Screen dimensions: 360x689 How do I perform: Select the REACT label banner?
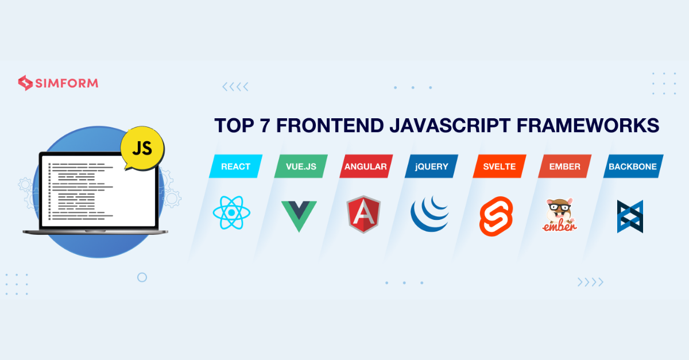(x=235, y=167)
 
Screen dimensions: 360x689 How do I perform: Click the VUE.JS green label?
(x=301, y=167)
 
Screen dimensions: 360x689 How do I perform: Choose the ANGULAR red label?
(x=365, y=167)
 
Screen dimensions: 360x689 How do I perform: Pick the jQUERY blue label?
(x=432, y=167)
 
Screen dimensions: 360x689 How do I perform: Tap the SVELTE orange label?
(x=498, y=167)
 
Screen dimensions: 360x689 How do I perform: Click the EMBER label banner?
(x=564, y=167)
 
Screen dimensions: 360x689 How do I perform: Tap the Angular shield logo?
(x=363, y=214)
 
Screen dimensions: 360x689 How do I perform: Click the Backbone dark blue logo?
(x=630, y=216)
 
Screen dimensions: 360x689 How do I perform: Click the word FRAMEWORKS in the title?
(x=599, y=126)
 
